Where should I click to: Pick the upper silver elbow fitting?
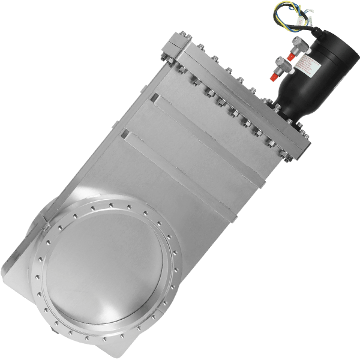coord(298,44)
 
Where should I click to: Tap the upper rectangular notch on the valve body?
coord(154,97)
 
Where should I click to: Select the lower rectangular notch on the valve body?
coord(124,133)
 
